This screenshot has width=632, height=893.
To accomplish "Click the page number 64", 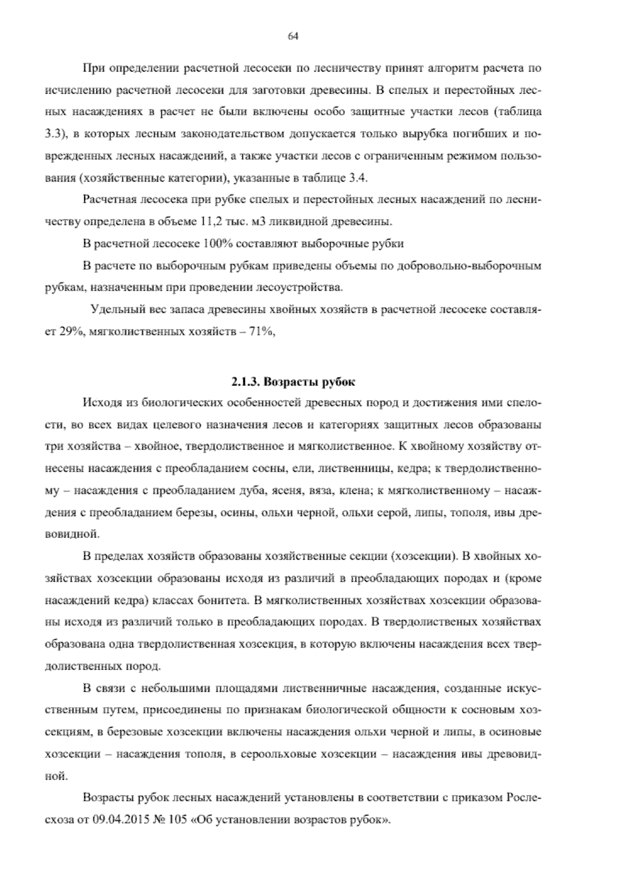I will point(293,36).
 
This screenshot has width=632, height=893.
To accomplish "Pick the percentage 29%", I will point(67,332).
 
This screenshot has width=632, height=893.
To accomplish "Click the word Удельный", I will point(117,310).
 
